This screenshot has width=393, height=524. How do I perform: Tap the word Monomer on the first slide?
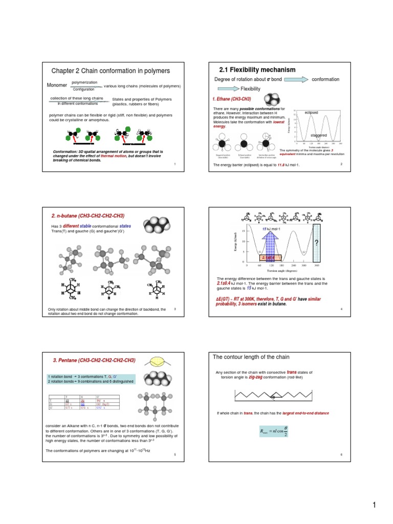(x=57, y=85)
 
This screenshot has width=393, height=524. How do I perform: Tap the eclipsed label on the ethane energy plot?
(x=311, y=112)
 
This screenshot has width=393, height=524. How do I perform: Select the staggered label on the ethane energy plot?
(x=319, y=135)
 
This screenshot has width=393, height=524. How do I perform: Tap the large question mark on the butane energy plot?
(x=317, y=243)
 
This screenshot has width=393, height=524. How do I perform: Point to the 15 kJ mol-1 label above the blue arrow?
(x=271, y=228)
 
